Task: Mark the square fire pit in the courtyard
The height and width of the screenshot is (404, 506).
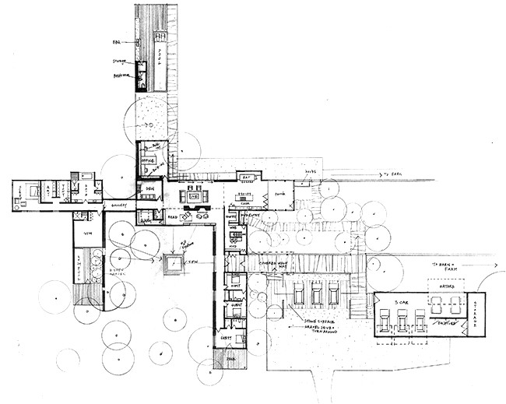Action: coord(171,265)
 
